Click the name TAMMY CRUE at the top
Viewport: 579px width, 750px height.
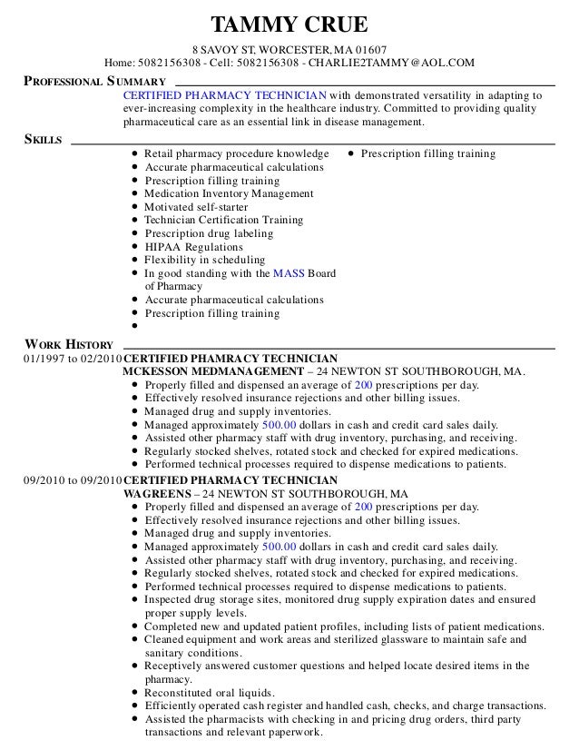[289, 24]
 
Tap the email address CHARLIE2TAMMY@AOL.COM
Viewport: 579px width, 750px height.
[390, 63]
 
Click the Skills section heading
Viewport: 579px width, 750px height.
[43, 140]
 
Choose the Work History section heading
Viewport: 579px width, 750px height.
[69, 344]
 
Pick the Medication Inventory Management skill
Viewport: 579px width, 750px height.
[229, 193]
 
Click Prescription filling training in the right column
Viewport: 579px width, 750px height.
[427, 153]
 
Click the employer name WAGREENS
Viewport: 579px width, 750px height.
[155, 493]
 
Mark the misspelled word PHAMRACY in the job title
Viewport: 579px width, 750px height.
[216, 358]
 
